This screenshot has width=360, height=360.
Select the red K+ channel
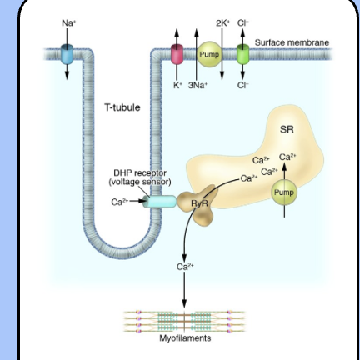(177, 56)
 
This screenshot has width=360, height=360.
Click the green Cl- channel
(243, 56)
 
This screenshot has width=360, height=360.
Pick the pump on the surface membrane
(208, 55)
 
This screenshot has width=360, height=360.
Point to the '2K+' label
(222, 22)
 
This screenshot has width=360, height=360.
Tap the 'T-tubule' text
(122, 108)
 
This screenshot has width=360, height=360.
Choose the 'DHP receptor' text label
(140, 177)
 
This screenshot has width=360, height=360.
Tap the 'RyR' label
(199, 202)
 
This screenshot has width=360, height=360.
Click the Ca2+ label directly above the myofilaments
(184, 267)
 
